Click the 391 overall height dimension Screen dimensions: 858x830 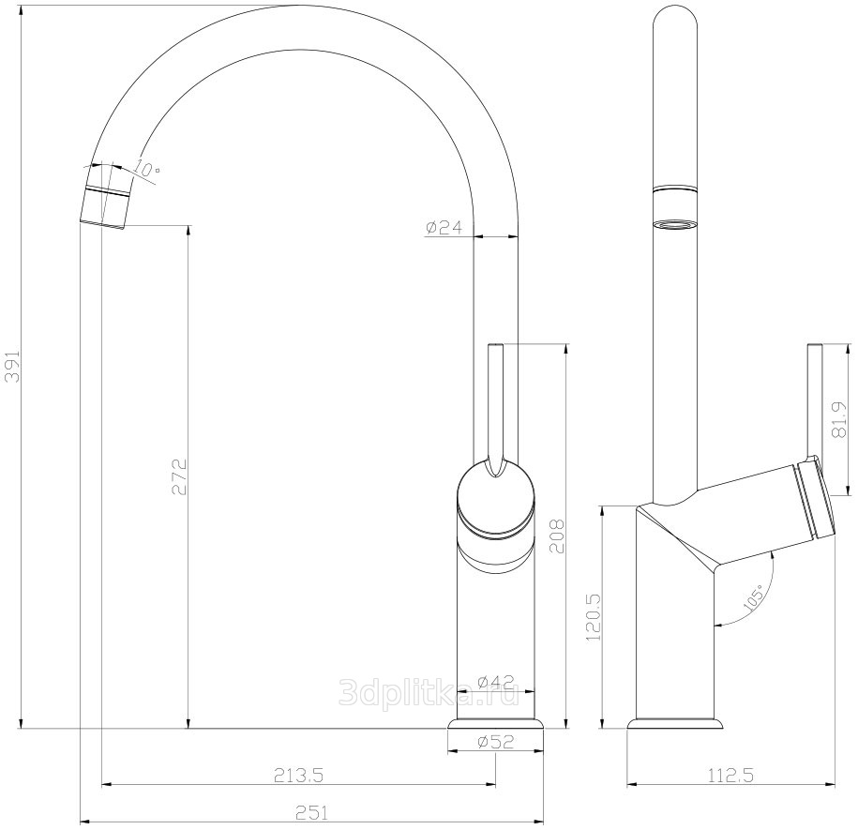tap(12, 366)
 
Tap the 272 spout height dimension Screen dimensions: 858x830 tap(179, 477)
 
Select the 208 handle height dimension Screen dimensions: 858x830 tap(556, 536)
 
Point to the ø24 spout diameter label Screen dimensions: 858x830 tap(444, 227)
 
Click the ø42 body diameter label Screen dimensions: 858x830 tap(496, 681)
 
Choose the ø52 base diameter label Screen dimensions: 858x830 tap(496, 741)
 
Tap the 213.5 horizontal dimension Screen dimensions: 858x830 tap(299, 775)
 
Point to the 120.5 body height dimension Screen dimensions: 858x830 tap(594, 618)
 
